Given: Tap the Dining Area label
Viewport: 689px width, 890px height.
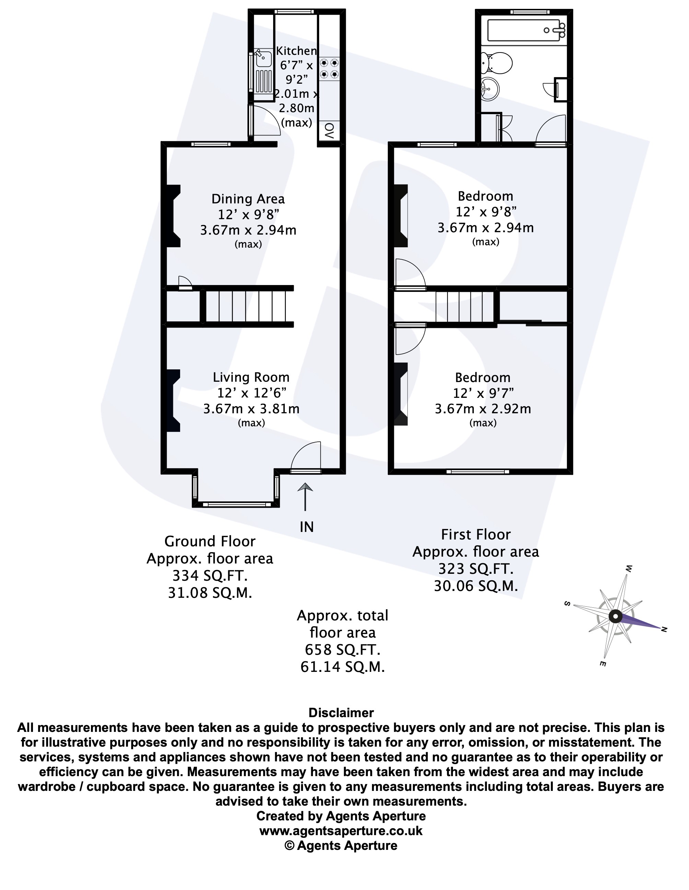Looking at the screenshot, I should [248, 199].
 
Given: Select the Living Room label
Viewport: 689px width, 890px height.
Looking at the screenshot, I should [251, 377].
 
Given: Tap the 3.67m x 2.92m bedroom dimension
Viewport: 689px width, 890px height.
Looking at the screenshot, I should [483, 409].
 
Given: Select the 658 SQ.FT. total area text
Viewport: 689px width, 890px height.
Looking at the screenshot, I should [342, 650].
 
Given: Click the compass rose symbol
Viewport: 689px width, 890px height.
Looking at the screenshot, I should [615, 617].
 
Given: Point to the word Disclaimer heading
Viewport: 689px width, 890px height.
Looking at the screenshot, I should [341, 713].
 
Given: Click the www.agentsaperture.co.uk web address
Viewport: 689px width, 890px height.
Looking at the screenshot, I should [341, 831].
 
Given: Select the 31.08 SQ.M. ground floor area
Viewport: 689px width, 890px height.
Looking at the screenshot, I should [210, 593].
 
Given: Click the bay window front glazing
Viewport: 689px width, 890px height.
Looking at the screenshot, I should [236, 505].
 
